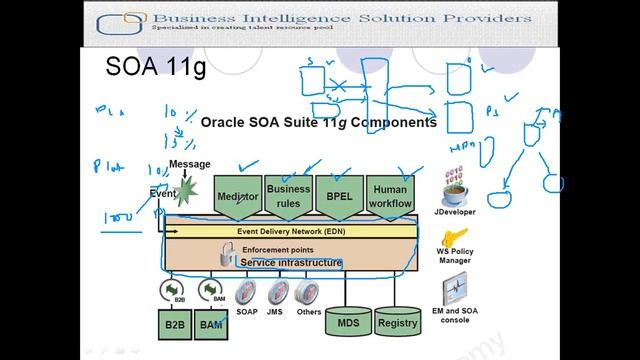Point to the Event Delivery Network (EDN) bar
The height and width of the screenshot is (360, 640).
(x=290, y=231)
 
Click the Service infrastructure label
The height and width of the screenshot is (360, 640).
(x=290, y=263)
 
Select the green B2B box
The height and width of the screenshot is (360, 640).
(x=175, y=324)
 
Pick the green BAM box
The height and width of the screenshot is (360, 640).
(x=211, y=324)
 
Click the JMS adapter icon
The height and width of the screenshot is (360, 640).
(x=276, y=292)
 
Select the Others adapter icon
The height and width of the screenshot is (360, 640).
(x=308, y=292)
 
